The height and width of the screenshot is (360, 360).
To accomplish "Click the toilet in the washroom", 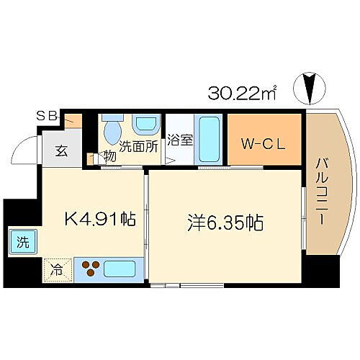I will click(x=112, y=131).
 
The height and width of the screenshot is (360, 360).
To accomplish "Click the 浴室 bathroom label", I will click(x=180, y=140).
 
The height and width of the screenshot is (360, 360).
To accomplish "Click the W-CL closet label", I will click(x=264, y=141).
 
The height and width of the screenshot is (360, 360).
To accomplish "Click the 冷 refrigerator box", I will click(x=56, y=271).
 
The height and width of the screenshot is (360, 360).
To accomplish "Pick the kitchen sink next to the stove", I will click(x=121, y=270).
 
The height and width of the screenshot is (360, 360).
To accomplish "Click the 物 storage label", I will click(x=109, y=156).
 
